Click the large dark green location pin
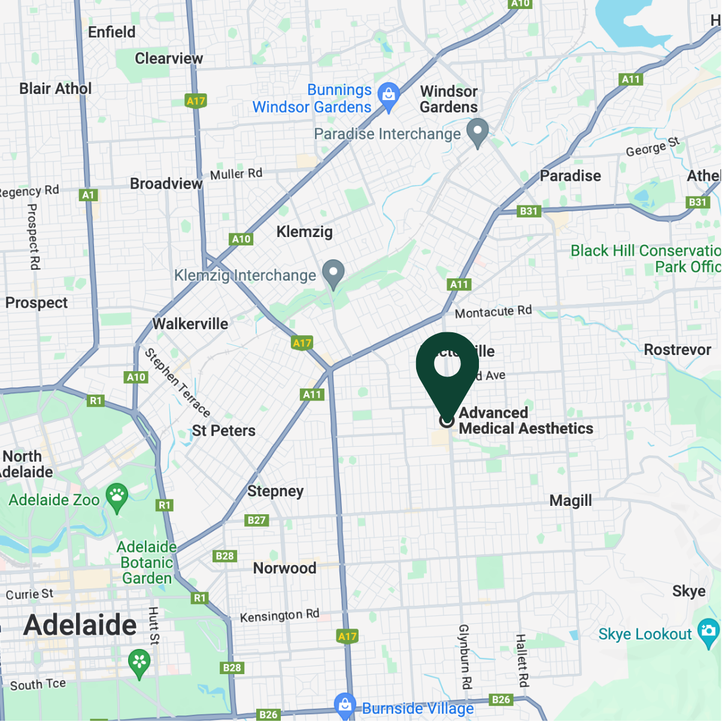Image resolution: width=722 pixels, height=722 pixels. point(447,368)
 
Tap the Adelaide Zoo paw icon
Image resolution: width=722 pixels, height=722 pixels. point(117,496)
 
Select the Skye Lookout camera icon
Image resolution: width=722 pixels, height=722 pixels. point(708,632)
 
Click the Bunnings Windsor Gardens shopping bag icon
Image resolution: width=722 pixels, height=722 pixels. point(389,96)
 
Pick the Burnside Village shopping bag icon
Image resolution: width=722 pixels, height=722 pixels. point(345,705)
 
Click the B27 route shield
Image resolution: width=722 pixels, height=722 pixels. point(257,520)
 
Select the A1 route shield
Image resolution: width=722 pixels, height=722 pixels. point(89,195)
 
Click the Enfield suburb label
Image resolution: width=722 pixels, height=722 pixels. point(112,32)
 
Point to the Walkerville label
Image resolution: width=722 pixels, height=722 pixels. point(190,324)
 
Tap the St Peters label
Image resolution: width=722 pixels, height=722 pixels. point(223,430)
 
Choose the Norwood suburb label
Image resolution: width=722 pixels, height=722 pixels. point(284,568)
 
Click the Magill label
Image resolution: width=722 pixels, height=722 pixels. point(571,500)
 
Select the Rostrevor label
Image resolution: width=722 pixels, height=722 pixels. point(677,350)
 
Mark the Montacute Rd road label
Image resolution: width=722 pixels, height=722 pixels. point(493,311)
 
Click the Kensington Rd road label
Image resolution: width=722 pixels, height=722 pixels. point(280,615)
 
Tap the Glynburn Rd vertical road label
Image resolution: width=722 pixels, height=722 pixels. point(465,656)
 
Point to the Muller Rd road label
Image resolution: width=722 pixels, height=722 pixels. point(236,174)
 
